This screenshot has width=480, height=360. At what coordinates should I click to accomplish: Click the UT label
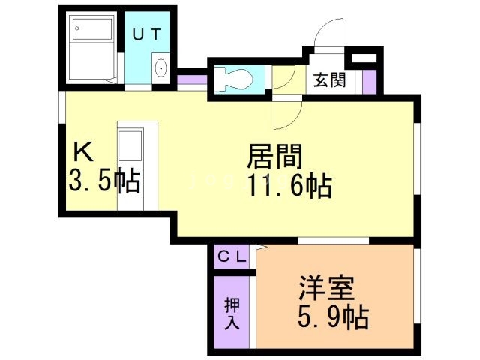(x=147, y=34)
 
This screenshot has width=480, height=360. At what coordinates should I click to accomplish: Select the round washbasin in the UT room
(x=161, y=69)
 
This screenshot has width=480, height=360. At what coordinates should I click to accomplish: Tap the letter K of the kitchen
(x=82, y=152)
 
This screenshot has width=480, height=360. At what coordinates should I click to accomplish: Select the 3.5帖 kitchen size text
(x=103, y=182)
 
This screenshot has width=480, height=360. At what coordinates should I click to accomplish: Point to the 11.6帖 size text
(x=289, y=185)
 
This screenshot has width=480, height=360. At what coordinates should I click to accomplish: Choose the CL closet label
(x=232, y=256)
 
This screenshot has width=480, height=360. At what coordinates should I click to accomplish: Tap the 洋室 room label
(x=326, y=289)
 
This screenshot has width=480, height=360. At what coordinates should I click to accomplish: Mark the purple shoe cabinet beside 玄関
(x=368, y=81)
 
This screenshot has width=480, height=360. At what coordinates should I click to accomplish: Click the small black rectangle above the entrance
(x=364, y=58)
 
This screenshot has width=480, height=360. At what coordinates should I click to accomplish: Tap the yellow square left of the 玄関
(x=283, y=79)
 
